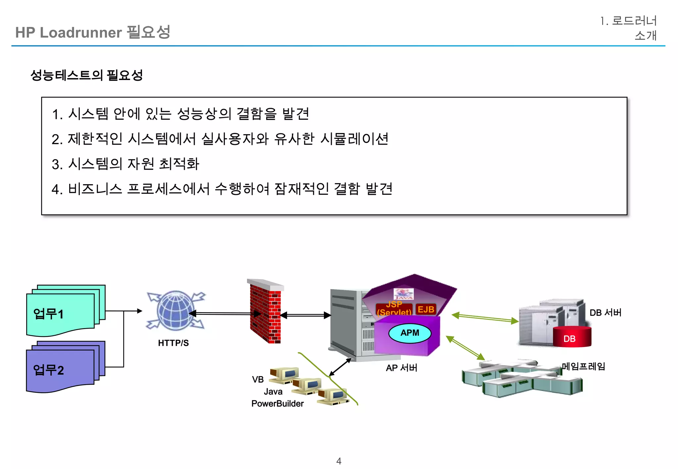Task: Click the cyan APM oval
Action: [410, 333]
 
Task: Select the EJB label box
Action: [426, 310]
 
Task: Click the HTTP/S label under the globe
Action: [173, 343]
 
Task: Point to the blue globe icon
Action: [175, 311]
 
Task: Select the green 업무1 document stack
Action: [63, 311]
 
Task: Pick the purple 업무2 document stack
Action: [63, 367]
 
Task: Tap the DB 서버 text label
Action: [605, 313]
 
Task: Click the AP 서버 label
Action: [401, 368]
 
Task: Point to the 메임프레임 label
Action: [583, 366]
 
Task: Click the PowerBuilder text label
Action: [277, 404]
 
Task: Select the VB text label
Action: [258, 379]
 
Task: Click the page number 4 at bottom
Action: [339, 461]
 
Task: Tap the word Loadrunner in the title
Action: [81, 33]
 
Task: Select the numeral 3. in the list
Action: [57, 164]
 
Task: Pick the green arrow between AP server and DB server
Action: [485, 318]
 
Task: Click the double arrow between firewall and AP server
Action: [305, 315]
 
